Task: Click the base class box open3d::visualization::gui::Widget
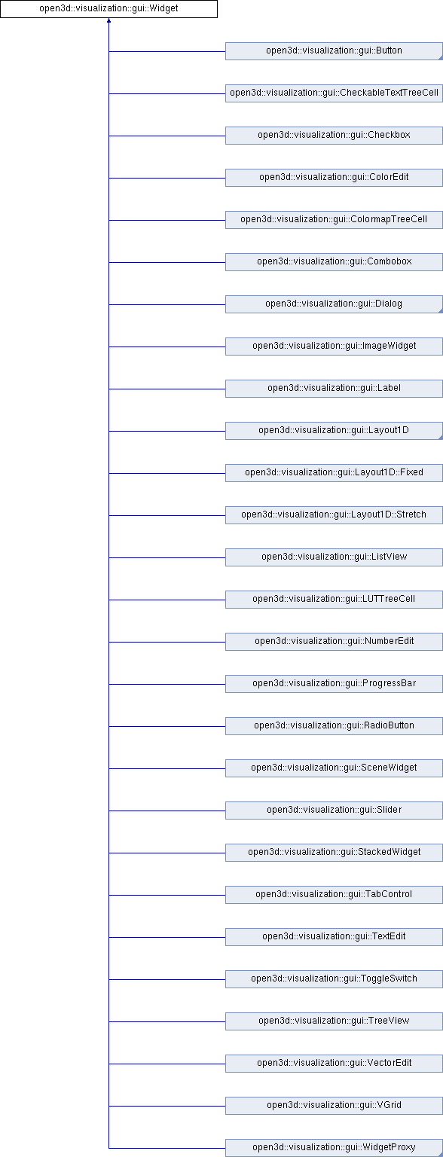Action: click(x=108, y=9)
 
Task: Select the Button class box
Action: click(x=334, y=51)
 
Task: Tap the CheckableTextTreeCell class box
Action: click(x=334, y=93)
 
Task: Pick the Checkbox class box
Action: click(x=334, y=136)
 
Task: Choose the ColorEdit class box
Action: click(x=334, y=178)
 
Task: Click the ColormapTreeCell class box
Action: click(x=334, y=220)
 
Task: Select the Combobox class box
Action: click(x=334, y=262)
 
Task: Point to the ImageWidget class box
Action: click(x=334, y=346)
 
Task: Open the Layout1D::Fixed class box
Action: click(x=334, y=473)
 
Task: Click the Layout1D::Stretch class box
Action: click(x=334, y=515)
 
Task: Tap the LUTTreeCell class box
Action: click(x=334, y=600)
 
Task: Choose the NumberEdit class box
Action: click(x=334, y=642)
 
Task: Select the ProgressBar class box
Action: click(x=334, y=684)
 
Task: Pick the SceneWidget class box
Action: click(x=334, y=768)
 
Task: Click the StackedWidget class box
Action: click(x=334, y=853)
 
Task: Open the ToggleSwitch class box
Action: click(x=334, y=979)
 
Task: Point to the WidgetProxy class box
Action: click(x=334, y=1148)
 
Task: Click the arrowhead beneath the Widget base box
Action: click(x=109, y=20)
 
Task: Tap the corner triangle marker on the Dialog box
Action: click(x=441, y=310)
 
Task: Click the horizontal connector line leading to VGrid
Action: click(x=167, y=1106)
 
